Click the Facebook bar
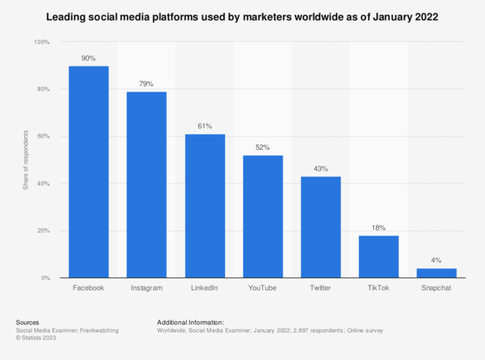tap(88, 171)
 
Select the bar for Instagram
tap(147, 184)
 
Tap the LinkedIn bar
tap(204, 206)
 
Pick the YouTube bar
tap(263, 216)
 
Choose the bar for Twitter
tap(320, 227)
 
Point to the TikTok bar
tap(378, 256)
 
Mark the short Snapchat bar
tap(437, 272)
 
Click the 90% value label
tap(88, 58)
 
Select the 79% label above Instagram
tap(147, 84)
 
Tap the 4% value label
tap(437, 260)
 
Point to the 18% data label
tap(378, 228)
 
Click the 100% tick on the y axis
tap(42, 43)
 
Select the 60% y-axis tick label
tap(43, 137)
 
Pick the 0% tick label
tap(46, 277)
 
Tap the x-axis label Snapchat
tap(437, 288)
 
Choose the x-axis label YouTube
tap(263, 288)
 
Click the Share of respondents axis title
tap(25, 160)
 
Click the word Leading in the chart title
tap(66, 16)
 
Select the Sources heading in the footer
tap(27, 322)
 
